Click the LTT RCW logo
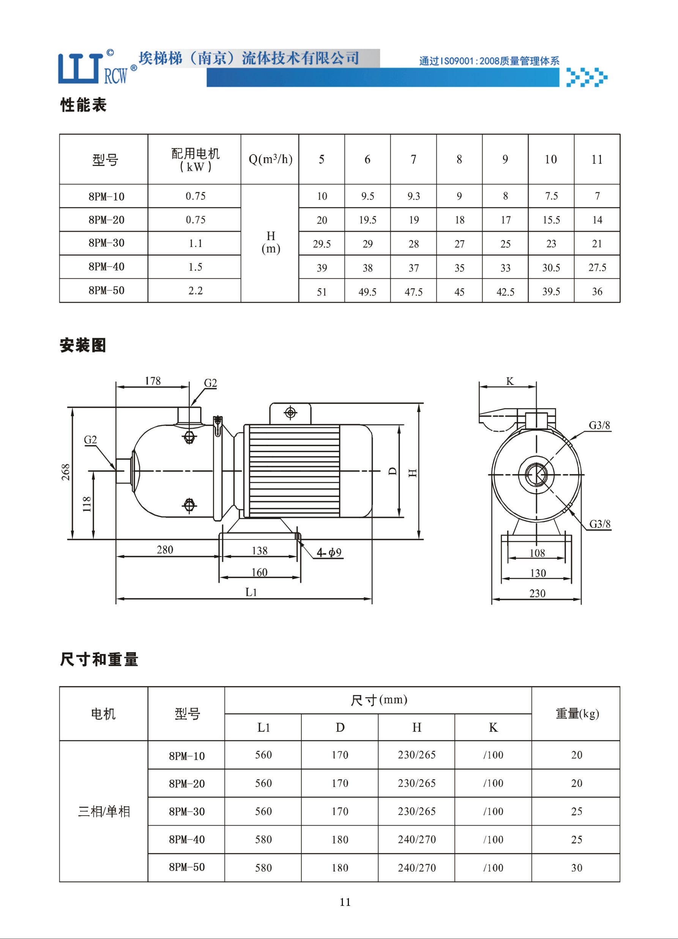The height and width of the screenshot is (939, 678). [x=97, y=68]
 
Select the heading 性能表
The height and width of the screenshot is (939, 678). [x=84, y=105]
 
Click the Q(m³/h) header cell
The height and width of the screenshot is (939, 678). [x=270, y=159]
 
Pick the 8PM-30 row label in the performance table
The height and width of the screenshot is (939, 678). [x=106, y=243]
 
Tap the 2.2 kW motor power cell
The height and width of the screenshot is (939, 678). [x=196, y=291]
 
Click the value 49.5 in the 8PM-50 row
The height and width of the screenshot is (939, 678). [x=367, y=292]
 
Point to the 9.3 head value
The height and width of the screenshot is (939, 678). [x=413, y=196]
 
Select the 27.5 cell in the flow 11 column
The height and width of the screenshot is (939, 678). [x=597, y=267]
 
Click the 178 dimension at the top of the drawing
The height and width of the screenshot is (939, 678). [x=153, y=381]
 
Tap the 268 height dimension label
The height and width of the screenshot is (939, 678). [x=66, y=472]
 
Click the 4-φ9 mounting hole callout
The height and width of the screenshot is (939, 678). [x=329, y=552]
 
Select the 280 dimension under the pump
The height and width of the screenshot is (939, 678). [x=165, y=550]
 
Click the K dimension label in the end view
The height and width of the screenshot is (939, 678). [x=510, y=381]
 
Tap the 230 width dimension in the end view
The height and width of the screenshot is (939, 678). [x=538, y=593]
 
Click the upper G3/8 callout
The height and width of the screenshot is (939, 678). [x=599, y=425]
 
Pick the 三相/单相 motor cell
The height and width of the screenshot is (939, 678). [x=104, y=811]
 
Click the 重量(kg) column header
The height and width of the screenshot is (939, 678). [x=577, y=713]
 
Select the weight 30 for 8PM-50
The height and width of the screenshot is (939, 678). [x=577, y=868]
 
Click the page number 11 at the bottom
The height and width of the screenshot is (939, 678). [x=345, y=902]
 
